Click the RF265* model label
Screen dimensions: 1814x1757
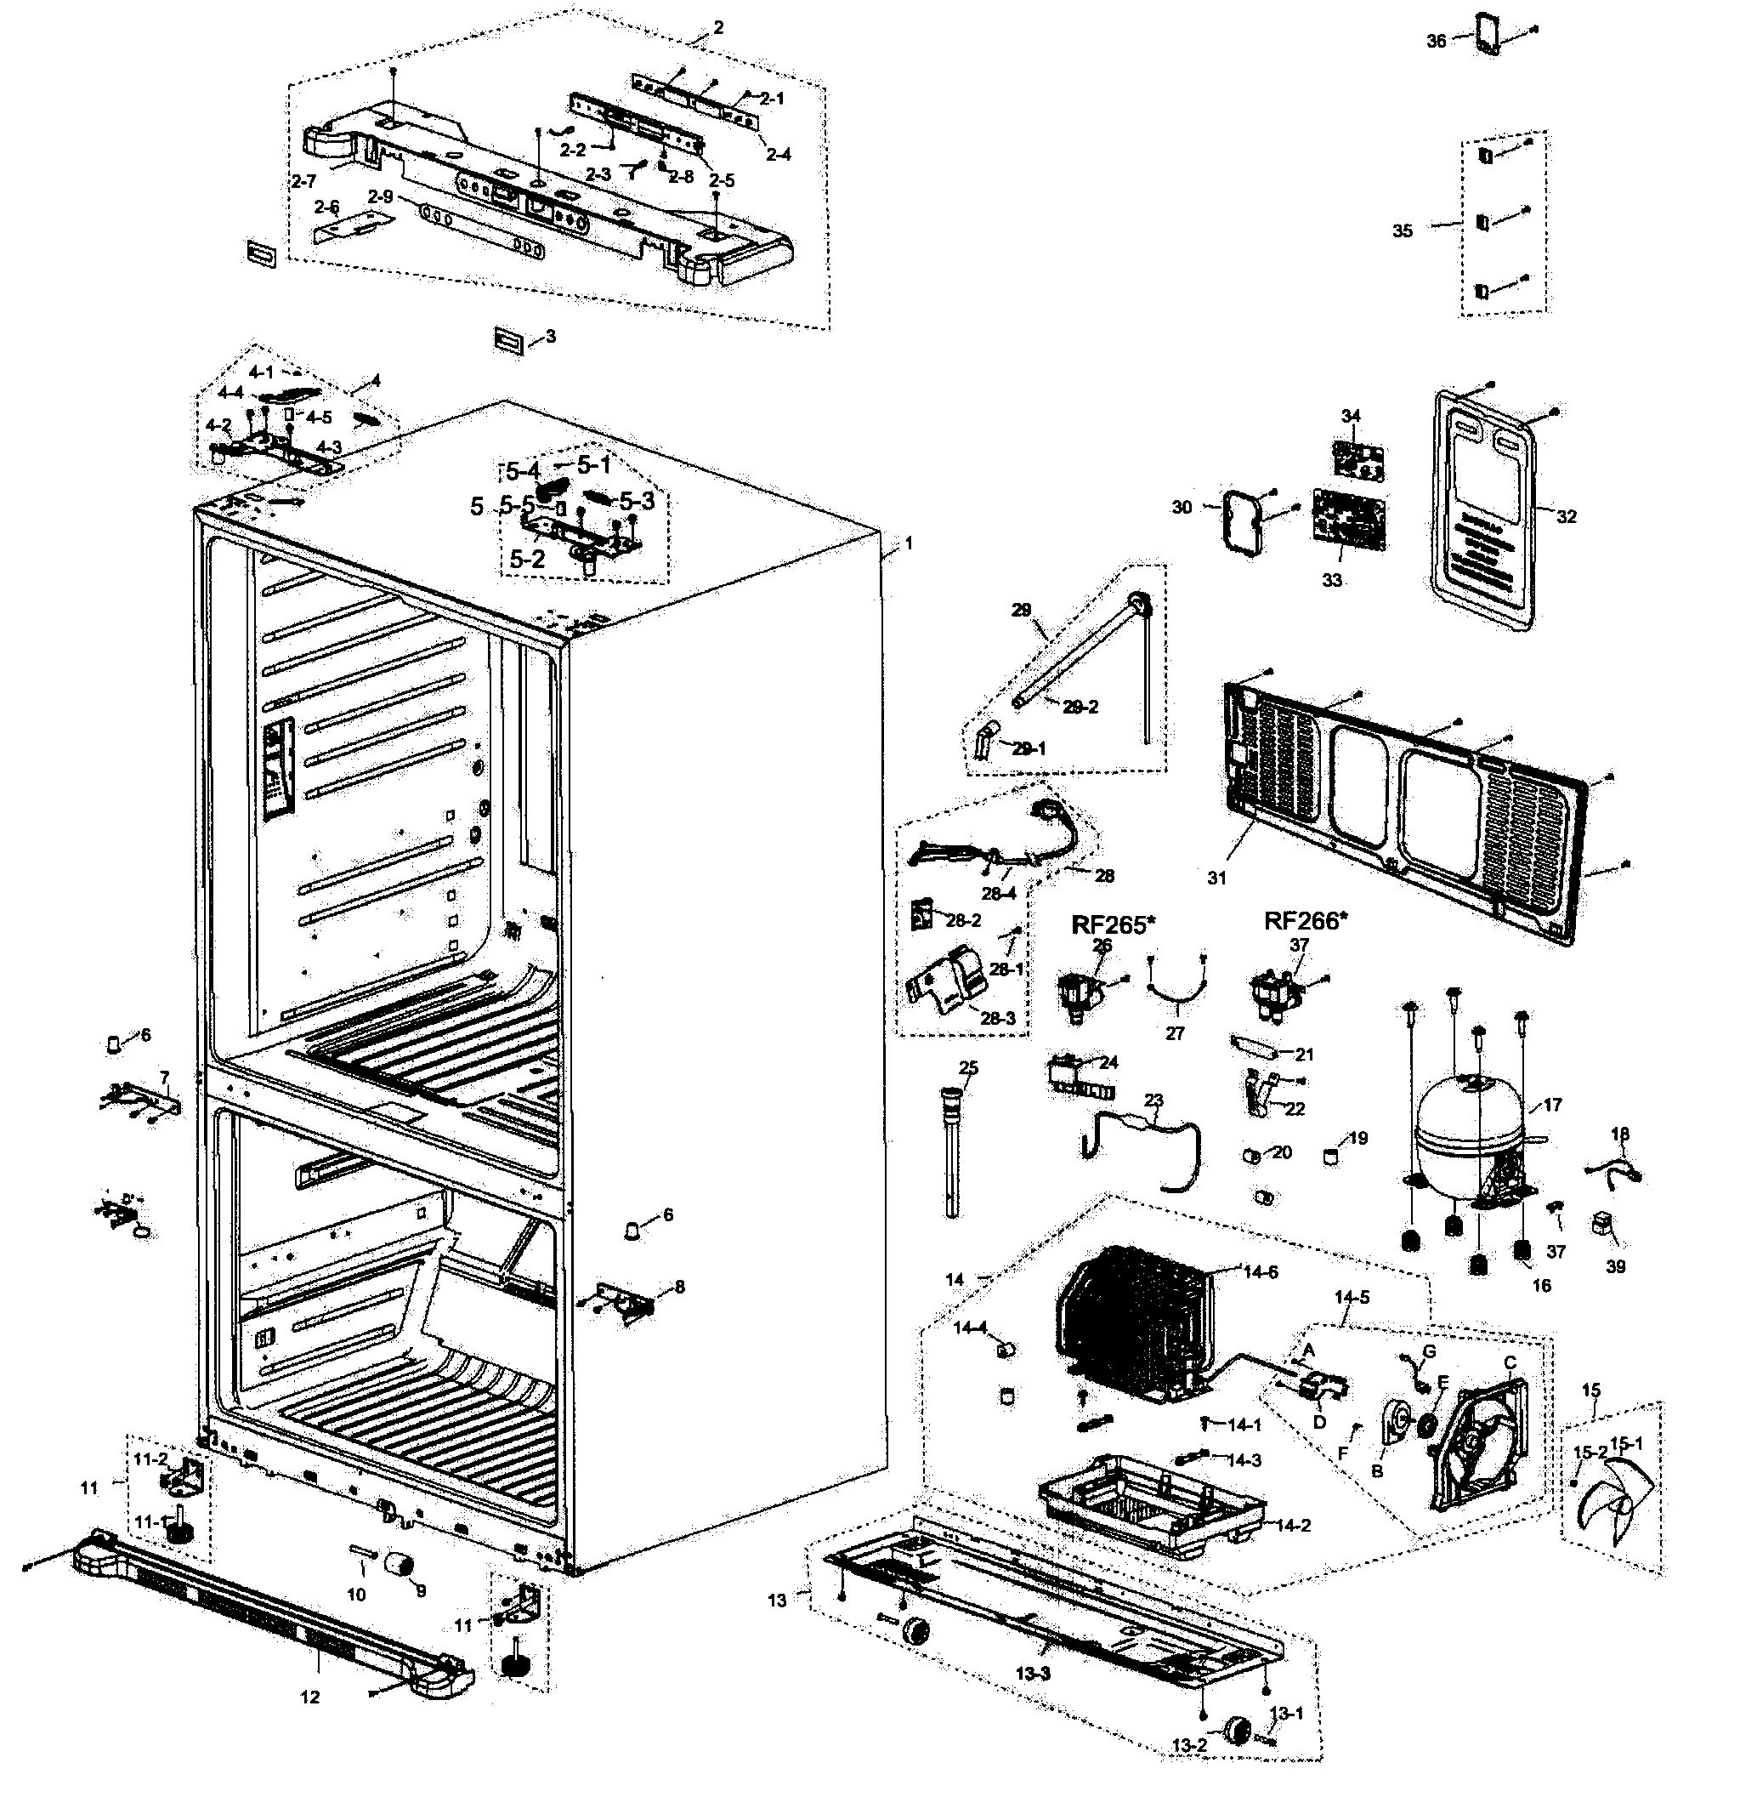tap(1113, 924)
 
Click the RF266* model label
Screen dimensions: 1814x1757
tap(1306, 921)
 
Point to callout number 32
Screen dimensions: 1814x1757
tap(1566, 516)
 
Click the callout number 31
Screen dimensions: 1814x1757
tap(1216, 878)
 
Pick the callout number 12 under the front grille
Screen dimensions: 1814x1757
tap(310, 1697)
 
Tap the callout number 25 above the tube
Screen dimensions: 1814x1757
tap(968, 1068)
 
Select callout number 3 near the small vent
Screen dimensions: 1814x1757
tap(551, 336)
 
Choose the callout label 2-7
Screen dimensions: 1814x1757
tap(303, 181)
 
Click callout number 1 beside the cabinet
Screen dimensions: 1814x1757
tap(909, 543)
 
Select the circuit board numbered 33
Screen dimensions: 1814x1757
tap(1349, 523)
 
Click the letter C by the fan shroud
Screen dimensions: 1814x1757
tap(1510, 1362)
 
